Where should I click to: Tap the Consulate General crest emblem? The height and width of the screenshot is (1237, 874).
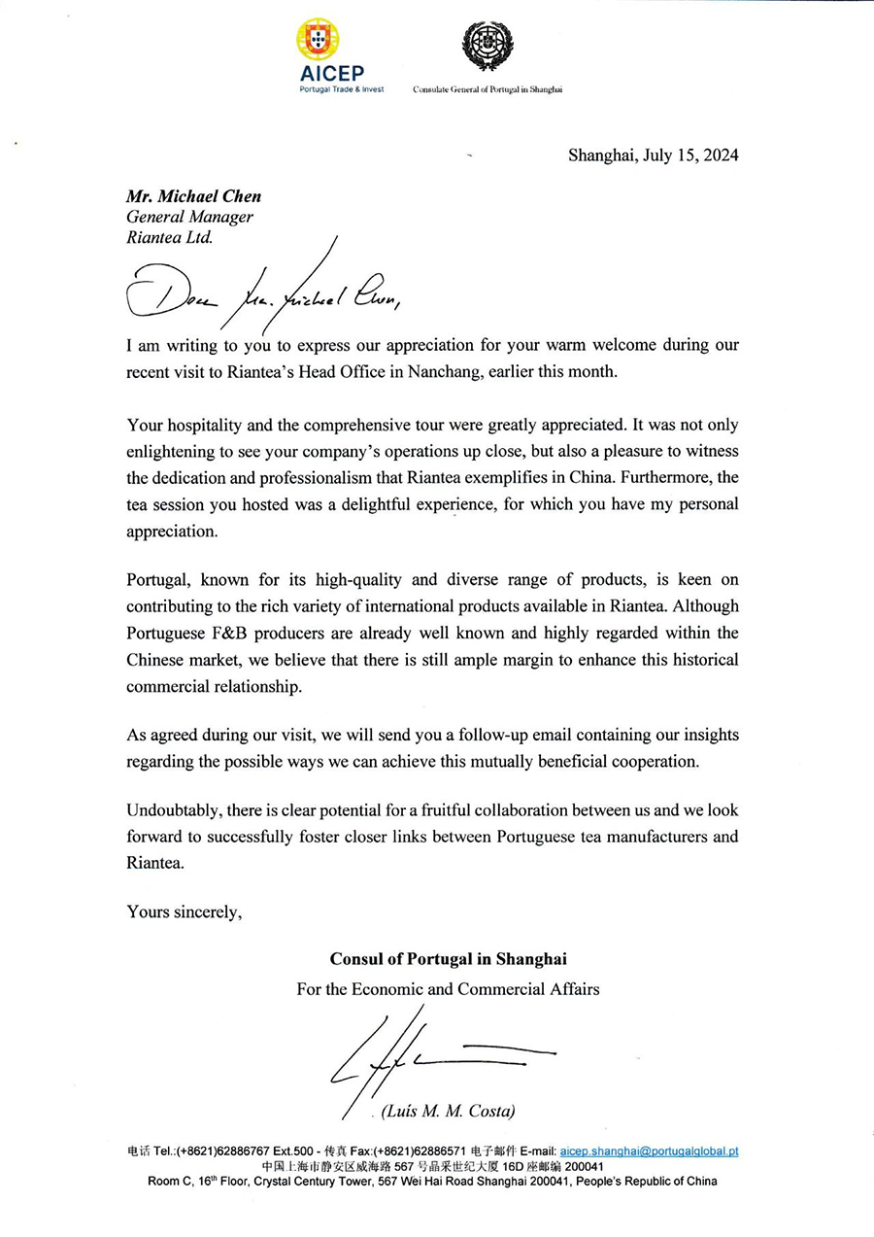(x=487, y=47)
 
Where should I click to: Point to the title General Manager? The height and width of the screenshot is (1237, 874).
(x=189, y=218)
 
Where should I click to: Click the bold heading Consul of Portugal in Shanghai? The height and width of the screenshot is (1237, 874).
(x=448, y=959)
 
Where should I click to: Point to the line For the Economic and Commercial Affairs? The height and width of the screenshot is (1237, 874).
(x=448, y=989)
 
